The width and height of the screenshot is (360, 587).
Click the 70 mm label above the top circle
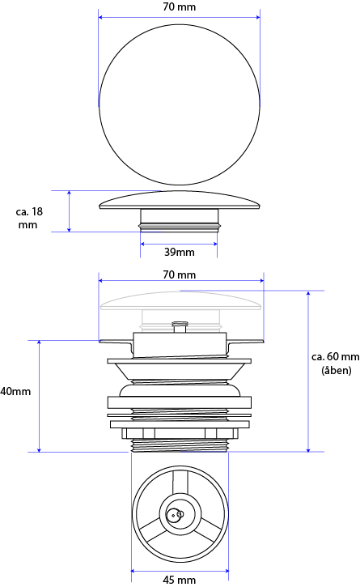(180, 6)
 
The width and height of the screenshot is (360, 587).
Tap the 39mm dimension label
(180, 252)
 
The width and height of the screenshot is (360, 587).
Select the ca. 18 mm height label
(29, 219)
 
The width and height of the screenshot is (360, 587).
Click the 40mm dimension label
(15, 392)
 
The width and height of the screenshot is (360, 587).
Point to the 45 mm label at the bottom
(180, 580)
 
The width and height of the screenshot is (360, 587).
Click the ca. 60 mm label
(335, 357)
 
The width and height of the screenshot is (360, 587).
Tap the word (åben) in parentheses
(337, 370)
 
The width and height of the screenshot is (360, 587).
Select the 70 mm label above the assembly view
(180, 274)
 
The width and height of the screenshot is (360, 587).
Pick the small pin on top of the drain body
(180, 326)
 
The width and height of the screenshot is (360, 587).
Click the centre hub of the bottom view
(180, 513)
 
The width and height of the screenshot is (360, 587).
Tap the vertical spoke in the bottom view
(180, 483)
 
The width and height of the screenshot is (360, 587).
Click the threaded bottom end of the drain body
(180, 445)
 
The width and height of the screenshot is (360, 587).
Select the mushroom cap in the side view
(180, 200)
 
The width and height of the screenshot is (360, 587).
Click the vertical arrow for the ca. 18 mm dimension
(70, 211)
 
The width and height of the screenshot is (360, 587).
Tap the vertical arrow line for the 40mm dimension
(40, 396)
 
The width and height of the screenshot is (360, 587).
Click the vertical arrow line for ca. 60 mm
(308, 372)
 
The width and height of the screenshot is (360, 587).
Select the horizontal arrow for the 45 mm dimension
(180, 572)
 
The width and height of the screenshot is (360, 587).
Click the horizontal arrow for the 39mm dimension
(179, 244)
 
